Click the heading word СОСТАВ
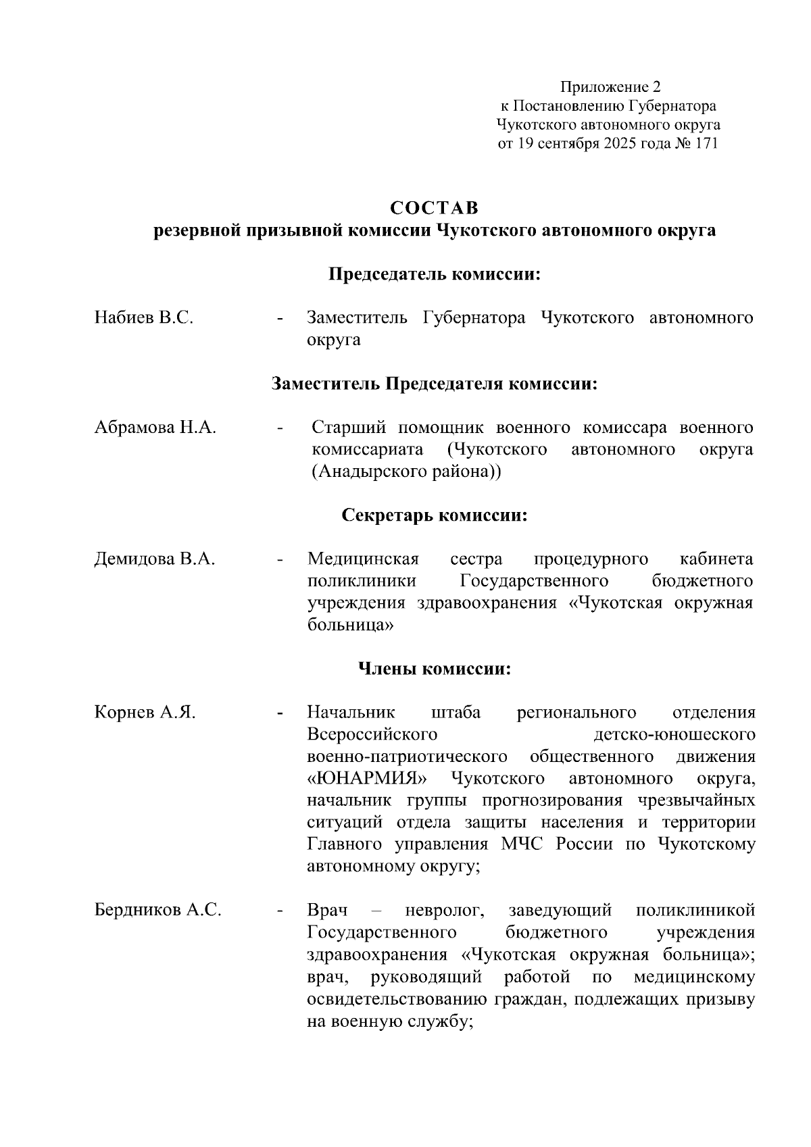click(433, 207)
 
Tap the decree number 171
click(705, 144)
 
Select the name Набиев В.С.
click(144, 317)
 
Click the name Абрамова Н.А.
click(155, 428)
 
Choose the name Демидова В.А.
click(155, 559)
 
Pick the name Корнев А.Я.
click(145, 713)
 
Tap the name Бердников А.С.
click(158, 911)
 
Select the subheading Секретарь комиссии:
click(434, 516)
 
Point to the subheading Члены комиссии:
click(434, 669)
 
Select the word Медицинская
click(363, 559)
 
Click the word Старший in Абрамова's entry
click(349, 428)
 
